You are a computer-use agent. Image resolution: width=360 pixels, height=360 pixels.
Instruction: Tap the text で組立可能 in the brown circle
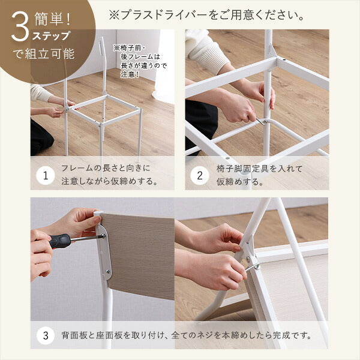[44, 53]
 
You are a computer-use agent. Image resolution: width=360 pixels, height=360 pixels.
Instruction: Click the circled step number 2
[200, 176]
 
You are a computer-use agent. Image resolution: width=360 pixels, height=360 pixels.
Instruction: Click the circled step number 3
[45, 335]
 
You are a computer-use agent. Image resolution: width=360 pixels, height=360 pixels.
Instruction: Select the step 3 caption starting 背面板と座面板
[186, 335]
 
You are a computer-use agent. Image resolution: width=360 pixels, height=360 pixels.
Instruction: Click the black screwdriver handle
[59, 241]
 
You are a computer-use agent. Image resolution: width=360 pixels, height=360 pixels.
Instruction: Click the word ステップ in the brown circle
[51, 35]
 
